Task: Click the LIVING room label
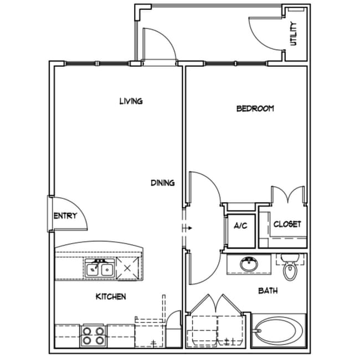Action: [x=131, y=101]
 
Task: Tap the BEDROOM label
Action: [x=255, y=109]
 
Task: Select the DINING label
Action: [x=163, y=182]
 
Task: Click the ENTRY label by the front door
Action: [x=65, y=216]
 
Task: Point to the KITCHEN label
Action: [x=111, y=297]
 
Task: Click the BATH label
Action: [x=268, y=290]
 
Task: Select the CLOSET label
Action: [x=287, y=224]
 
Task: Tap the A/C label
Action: [x=240, y=226]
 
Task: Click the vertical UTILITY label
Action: [x=294, y=33]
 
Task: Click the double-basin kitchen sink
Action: [x=100, y=269]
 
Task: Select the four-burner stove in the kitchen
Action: [x=93, y=335]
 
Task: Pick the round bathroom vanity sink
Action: [x=249, y=265]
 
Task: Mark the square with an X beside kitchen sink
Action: [x=128, y=269]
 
